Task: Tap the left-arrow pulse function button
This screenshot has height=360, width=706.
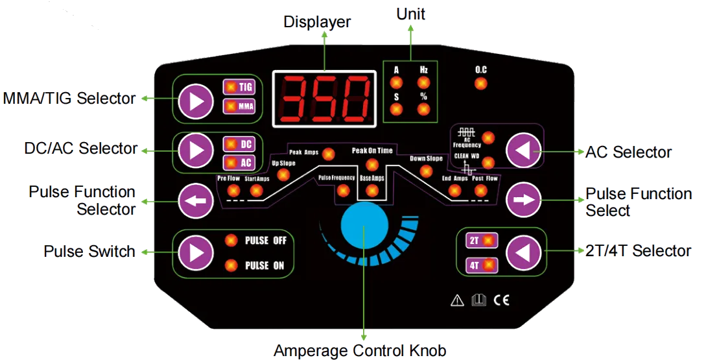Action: pos(196,201)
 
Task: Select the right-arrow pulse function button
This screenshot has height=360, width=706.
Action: pos(524,200)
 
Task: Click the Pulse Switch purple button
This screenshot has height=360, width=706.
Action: pos(196,253)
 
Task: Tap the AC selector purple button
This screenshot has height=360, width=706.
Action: pos(524,150)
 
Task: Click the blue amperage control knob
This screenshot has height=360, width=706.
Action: pos(364,224)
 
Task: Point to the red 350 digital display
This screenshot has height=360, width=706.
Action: pos(324,98)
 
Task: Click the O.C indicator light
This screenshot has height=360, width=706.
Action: pos(480,84)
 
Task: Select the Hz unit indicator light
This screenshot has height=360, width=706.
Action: pos(423,82)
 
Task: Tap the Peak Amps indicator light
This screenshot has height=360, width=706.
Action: pos(328,154)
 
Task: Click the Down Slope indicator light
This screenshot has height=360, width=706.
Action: pos(426,171)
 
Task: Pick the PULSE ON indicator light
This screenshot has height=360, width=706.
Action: pos(231,265)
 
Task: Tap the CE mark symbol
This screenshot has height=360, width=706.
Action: pos(501,300)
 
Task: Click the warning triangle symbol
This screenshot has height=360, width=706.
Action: pos(457,300)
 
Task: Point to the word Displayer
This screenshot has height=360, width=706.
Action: pos(317,22)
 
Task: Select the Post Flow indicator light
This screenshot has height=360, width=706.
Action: pos(480,191)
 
